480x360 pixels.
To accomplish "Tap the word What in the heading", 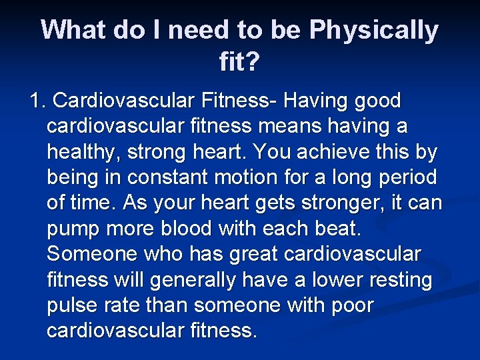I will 73,30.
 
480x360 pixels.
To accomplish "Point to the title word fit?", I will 239,63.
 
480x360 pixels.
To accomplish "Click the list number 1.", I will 37,101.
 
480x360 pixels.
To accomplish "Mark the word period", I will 405,177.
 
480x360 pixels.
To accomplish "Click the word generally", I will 193,279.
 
